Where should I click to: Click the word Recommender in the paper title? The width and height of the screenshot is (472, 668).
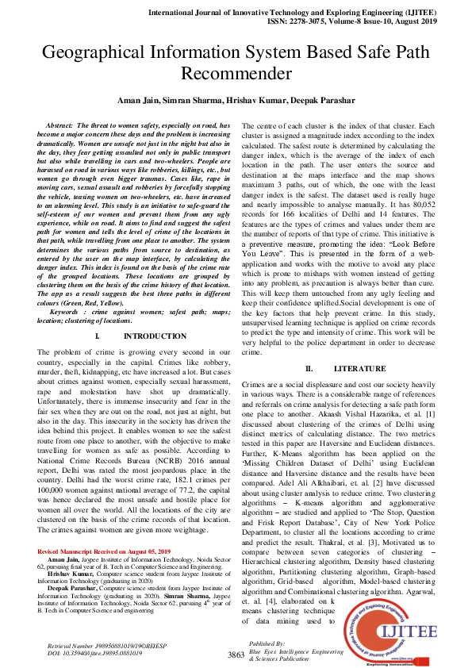coord(236,74)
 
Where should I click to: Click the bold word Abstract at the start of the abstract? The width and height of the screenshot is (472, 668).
coord(63,126)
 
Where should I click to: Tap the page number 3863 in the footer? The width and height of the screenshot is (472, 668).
coord(236,655)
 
